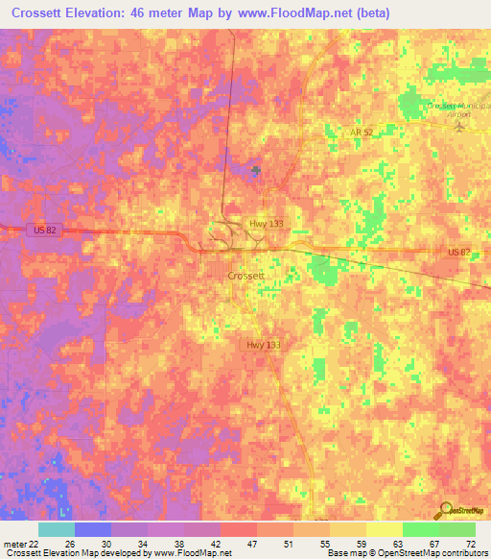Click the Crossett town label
pyautogui.click(x=246, y=275)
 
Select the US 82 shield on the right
pyautogui.click(x=459, y=252)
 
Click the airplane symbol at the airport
pyautogui.click(x=457, y=127)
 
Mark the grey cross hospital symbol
pyautogui.click(x=255, y=171)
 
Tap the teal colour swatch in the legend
pyautogui.click(x=57, y=529)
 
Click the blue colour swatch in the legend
pyautogui.click(x=93, y=529)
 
